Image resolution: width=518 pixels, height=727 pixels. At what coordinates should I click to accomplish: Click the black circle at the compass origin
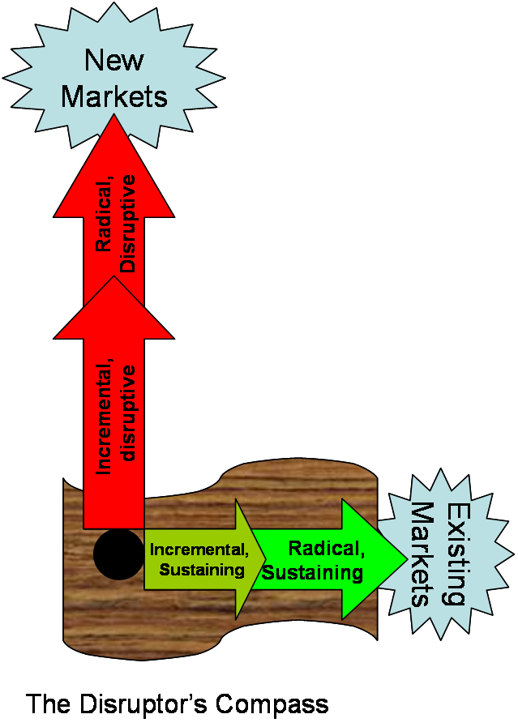pos(118,554)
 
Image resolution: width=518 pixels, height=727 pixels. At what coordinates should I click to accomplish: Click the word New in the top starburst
pos(114,60)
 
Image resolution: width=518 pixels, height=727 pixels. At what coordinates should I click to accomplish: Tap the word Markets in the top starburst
pos(114,96)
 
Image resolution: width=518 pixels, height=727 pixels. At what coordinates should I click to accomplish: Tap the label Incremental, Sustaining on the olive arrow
pos(199,559)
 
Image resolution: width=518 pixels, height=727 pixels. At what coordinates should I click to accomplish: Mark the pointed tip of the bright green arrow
pos(406,559)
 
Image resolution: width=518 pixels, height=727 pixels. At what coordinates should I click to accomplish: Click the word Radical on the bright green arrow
pos(327,550)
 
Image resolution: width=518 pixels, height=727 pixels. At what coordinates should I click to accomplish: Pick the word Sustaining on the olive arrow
pos(202,569)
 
